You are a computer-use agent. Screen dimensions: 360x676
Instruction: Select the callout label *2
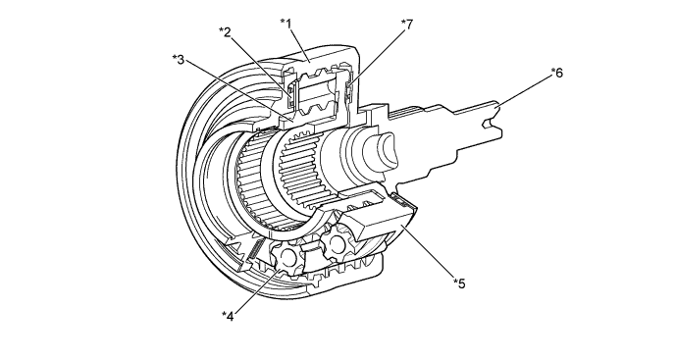tap(226, 31)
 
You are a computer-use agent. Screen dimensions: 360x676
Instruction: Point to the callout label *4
tap(227, 314)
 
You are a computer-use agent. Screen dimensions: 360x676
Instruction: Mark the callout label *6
tap(556, 73)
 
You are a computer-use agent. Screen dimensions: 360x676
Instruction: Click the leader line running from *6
tap(528, 88)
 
